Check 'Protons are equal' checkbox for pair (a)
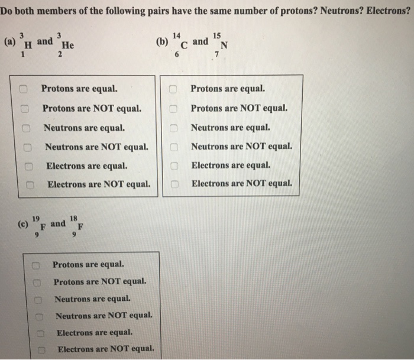click(24, 90)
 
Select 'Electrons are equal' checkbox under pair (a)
click(27, 166)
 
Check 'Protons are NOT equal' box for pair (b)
click(174, 109)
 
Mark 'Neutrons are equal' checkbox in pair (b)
click(174, 128)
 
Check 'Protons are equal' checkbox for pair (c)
click(35, 265)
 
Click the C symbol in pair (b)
click(186, 45)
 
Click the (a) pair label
click(9, 43)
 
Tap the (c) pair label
click(23, 225)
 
